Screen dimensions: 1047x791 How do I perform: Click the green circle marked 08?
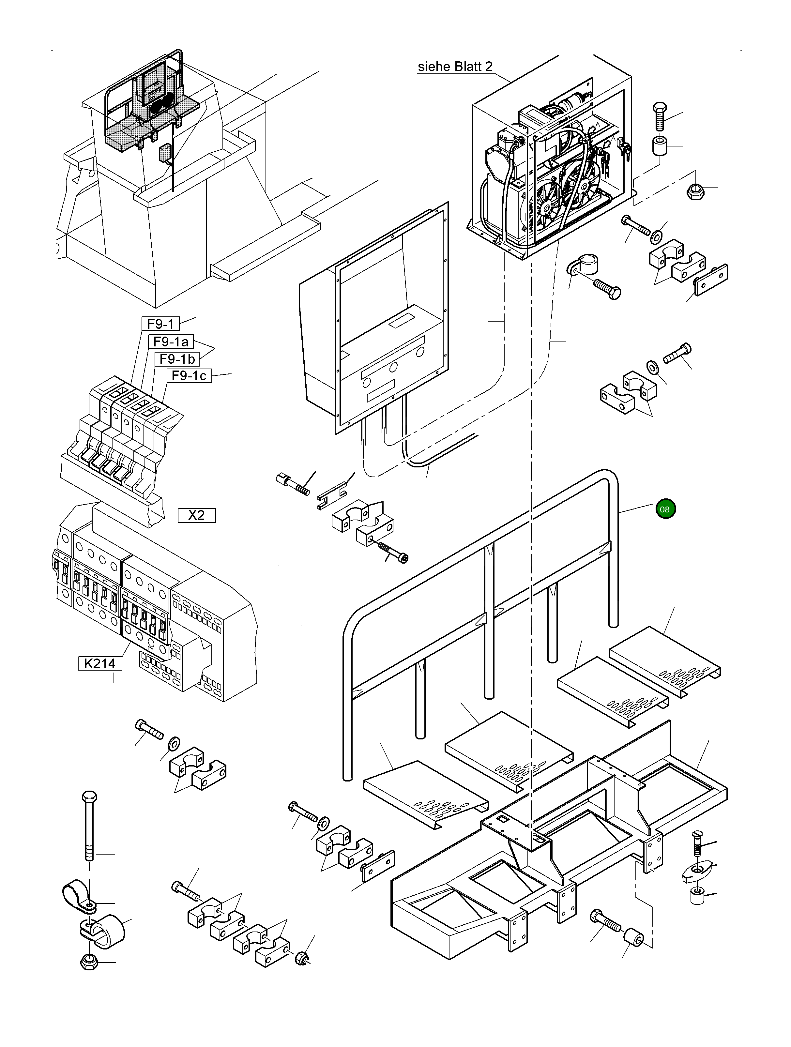click(x=665, y=509)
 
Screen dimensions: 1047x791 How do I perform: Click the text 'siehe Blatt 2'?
click(x=455, y=67)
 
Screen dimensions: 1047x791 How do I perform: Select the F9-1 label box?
click(x=161, y=324)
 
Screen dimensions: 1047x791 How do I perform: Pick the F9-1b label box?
click(x=177, y=359)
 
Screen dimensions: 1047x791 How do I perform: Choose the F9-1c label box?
click(x=189, y=376)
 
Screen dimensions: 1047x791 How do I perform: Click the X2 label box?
click(x=196, y=515)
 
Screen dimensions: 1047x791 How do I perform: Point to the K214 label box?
click(x=100, y=664)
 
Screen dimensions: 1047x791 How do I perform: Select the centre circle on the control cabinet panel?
click(x=394, y=367)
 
